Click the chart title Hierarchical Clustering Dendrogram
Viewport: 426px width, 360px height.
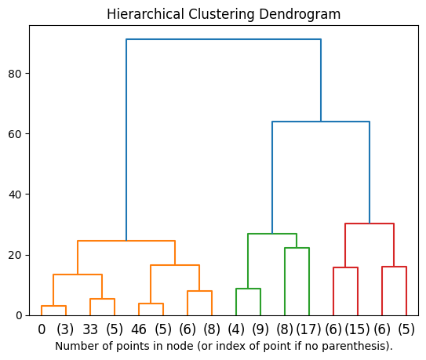pyautogui.click(x=224, y=14)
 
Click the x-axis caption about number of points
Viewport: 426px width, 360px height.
pyautogui.click(x=224, y=346)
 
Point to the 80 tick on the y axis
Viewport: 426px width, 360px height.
pyautogui.click(x=16, y=74)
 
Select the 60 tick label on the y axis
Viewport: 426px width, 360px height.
pyautogui.click(x=16, y=134)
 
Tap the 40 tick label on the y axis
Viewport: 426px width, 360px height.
pyautogui.click(x=16, y=195)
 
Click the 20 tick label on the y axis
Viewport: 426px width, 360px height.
pyautogui.click(x=16, y=255)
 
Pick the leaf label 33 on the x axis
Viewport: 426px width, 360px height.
pyautogui.click(x=90, y=330)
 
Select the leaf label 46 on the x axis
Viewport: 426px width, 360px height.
pyautogui.click(x=139, y=330)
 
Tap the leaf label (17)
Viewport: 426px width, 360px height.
pyautogui.click(x=309, y=330)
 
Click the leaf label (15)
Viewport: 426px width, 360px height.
pyautogui.click(x=358, y=330)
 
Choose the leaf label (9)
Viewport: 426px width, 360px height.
pyautogui.click(x=260, y=330)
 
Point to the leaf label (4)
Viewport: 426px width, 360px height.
pyautogui.click(x=236, y=330)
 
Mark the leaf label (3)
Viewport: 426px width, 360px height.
pyautogui.click(x=66, y=330)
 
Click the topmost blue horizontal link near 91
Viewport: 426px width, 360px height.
pyautogui.click(x=224, y=39)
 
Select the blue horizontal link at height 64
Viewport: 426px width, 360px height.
pyautogui.click(x=321, y=122)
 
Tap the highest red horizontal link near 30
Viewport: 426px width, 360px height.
pyautogui.click(x=370, y=224)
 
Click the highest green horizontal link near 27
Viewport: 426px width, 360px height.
pyautogui.click(x=272, y=234)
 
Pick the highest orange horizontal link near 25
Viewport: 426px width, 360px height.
pyautogui.click(x=126, y=241)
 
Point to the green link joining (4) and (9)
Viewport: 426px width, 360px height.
pyautogui.click(x=248, y=289)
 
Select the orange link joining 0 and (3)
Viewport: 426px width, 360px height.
pyautogui.click(x=53, y=306)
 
